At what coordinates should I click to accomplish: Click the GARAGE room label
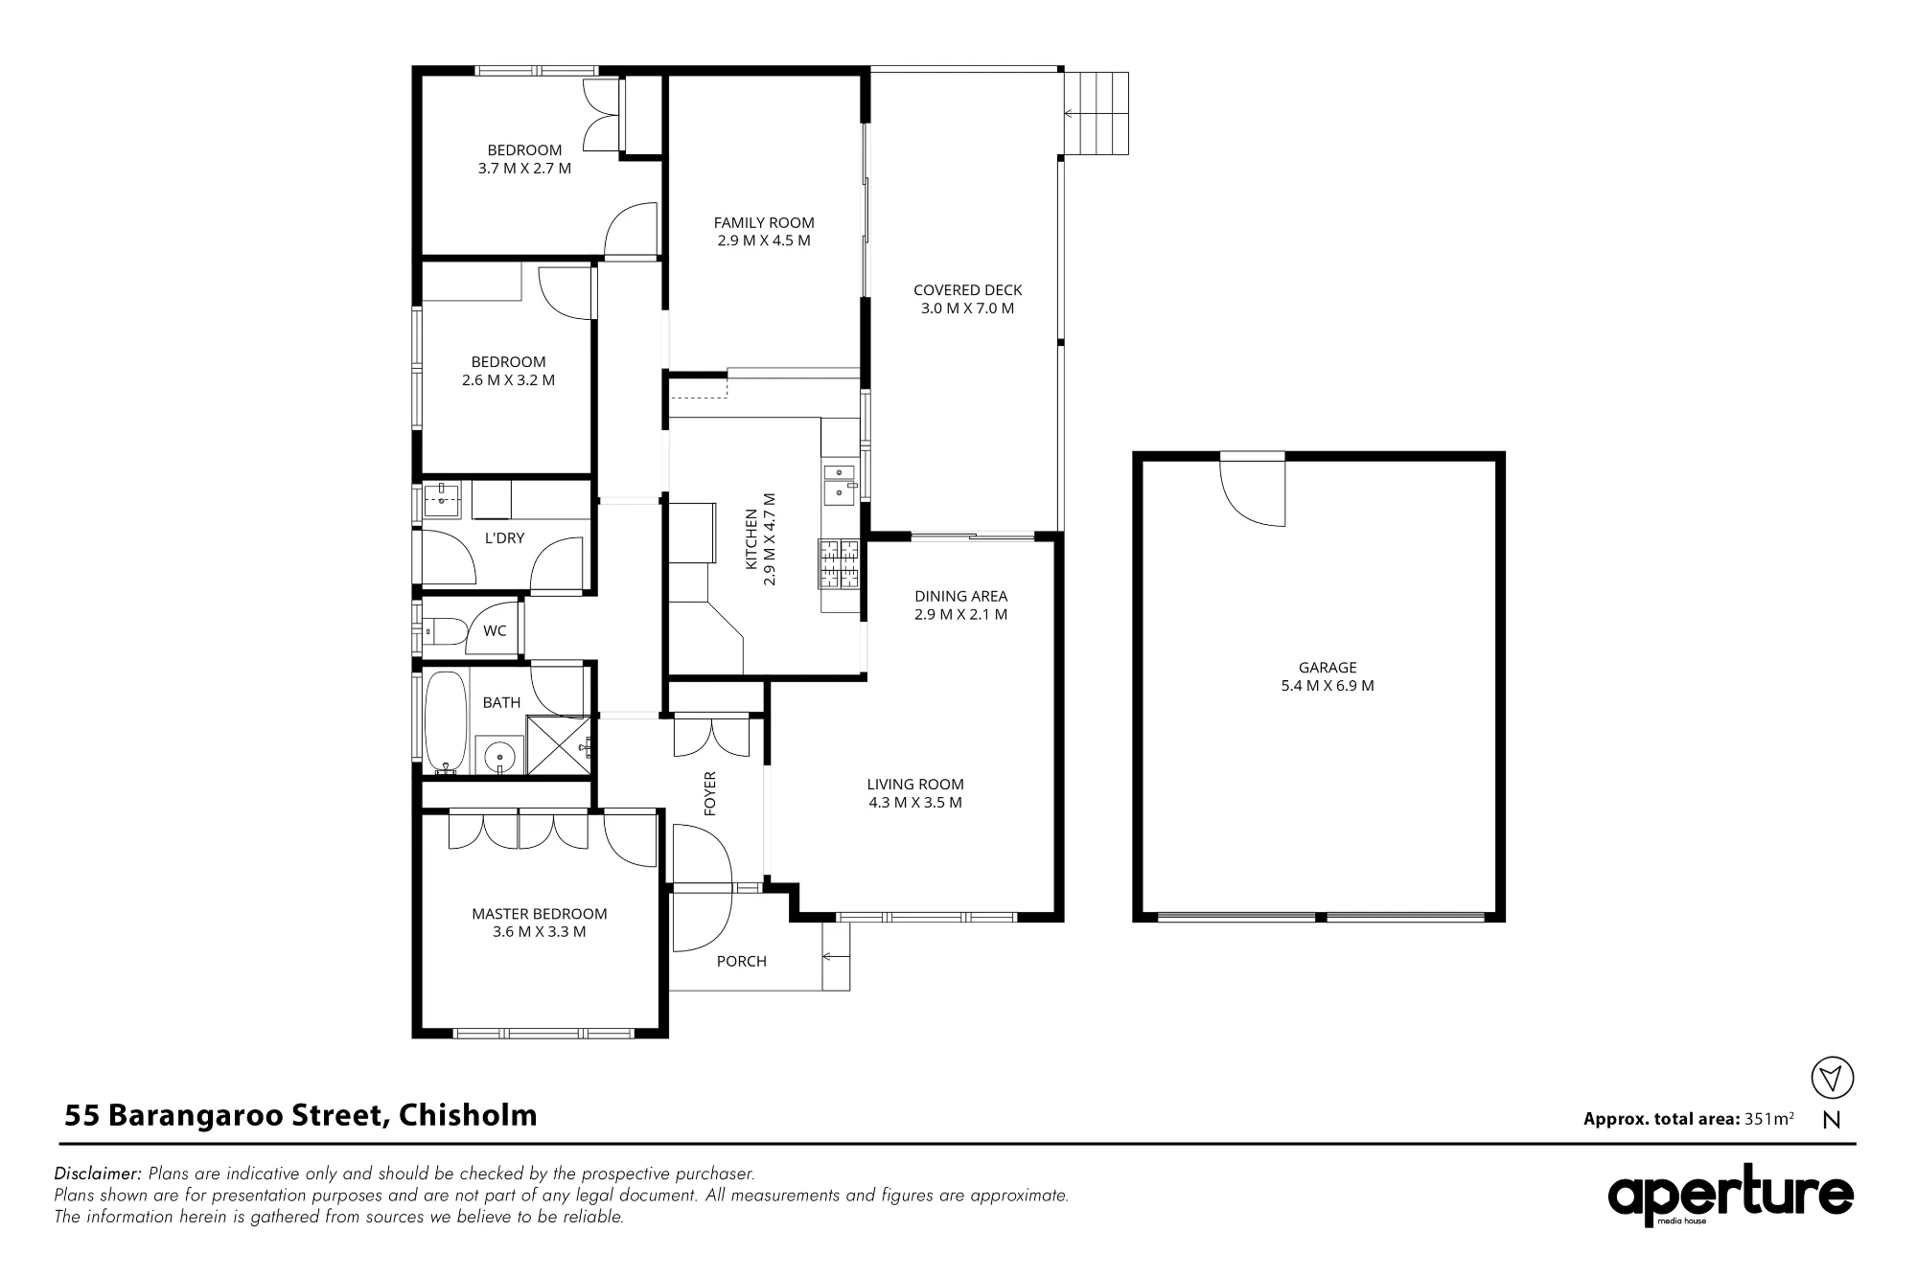click(x=1328, y=668)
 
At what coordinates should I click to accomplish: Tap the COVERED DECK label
click(x=967, y=290)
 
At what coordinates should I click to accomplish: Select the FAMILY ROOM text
click(x=764, y=223)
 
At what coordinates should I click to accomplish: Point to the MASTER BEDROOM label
click(x=540, y=914)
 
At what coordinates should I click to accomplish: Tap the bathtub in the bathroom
click(x=446, y=722)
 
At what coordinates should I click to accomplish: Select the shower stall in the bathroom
click(x=557, y=744)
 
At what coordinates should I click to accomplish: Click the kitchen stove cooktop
click(x=839, y=564)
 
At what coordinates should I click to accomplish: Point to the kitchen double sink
click(x=840, y=483)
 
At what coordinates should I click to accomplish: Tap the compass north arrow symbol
click(x=1832, y=1077)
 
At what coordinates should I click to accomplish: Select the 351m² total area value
click(x=1768, y=1118)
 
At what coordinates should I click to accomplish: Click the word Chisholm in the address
click(x=468, y=1115)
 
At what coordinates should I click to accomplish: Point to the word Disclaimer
click(x=99, y=1174)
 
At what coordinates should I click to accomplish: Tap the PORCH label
click(x=742, y=961)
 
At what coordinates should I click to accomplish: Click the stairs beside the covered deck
click(x=1096, y=113)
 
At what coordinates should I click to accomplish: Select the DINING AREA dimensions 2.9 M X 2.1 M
click(x=960, y=614)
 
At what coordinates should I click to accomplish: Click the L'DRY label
click(x=504, y=538)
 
